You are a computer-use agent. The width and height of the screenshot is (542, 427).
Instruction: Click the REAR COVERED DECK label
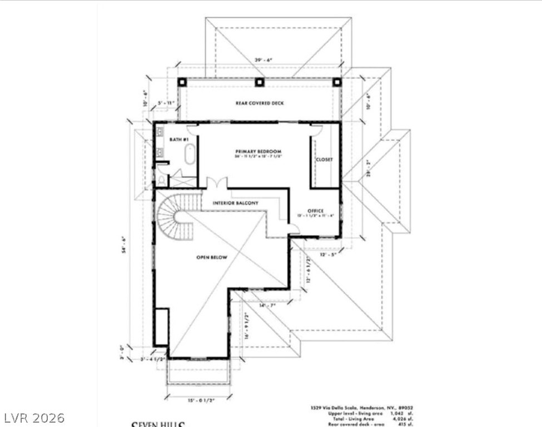(258, 103)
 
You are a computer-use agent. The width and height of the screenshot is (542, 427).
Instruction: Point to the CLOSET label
(324, 159)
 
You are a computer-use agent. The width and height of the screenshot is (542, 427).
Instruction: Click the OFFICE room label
(316, 211)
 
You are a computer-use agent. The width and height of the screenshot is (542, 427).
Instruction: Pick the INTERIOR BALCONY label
(236, 203)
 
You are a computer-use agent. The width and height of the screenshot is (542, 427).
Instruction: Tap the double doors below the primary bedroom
(216, 183)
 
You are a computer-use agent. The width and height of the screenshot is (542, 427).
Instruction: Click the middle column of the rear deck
(259, 82)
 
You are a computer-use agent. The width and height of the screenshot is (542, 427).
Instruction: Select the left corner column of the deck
(182, 82)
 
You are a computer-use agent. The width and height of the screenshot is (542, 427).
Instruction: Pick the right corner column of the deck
(336, 82)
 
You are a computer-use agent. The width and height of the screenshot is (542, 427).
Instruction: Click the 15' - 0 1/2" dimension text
(200, 399)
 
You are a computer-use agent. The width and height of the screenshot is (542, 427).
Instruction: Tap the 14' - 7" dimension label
(268, 305)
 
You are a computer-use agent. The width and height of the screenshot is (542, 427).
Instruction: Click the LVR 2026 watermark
(33, 417)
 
